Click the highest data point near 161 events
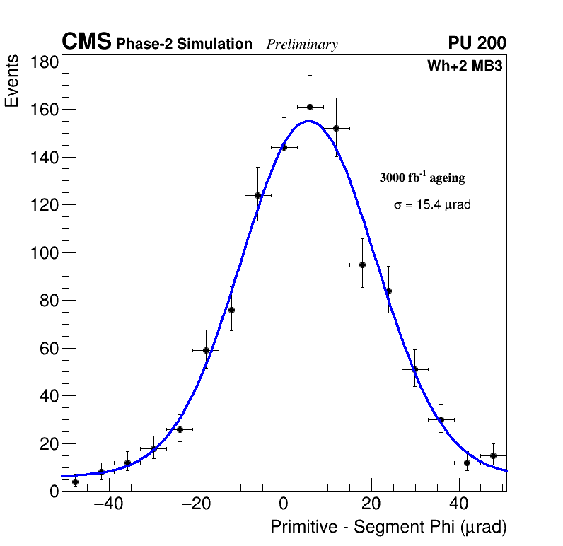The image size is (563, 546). [310, 107]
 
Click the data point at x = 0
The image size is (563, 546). [284, 147]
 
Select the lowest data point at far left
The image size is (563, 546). [75, 482]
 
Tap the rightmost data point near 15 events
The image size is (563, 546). [493, 455]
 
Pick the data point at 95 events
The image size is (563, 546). [362, 265]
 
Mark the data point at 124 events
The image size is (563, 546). [257, 195]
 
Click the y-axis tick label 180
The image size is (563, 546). [44, 62]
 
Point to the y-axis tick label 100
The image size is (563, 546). [44, 253]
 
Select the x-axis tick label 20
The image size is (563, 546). [371, 504]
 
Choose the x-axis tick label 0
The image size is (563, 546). [284, 504]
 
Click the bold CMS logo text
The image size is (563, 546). [86, 42]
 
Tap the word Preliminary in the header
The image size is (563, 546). [302, 45]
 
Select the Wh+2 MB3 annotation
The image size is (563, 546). [464, 66]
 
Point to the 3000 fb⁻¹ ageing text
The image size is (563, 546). [422, 178]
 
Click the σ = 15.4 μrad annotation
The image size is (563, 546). [432, 204]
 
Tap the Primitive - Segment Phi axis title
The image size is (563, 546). [388, 528]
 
